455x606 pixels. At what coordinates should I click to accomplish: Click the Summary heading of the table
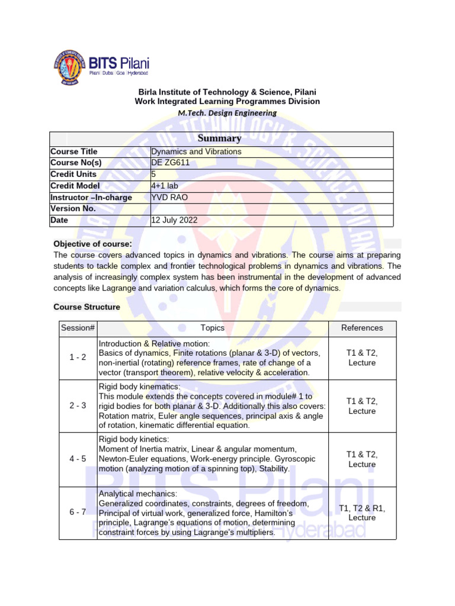pyautogui.click(x=221, y=138)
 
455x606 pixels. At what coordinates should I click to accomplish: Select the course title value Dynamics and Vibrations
pyautogui.click(x=196, y=151)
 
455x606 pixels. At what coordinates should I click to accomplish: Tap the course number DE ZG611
pyautogui.click(x=170, y=163)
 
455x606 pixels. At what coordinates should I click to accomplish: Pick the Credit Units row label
pyautogui.click(x=73, y=175)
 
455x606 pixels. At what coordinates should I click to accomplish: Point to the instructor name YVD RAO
pyautogui.click(x=169, y=197)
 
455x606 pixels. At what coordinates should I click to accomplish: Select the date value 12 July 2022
pyautogui.click(x=174, y=220)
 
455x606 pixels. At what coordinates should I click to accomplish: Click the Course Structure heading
pyautogui.click(x=86, y=307)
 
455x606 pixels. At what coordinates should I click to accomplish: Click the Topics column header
pyautogui.click(x=212, y=328)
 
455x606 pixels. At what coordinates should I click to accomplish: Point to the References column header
pyautogui.click(x=362, y=328)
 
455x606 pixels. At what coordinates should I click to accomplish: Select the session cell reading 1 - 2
pyautogui.click(x=78, y=357)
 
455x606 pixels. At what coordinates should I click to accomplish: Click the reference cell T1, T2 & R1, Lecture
pyautogui.click(x=362, y=512)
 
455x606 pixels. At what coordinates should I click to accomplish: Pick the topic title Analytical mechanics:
pyautogui.click(x=138, y=493)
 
